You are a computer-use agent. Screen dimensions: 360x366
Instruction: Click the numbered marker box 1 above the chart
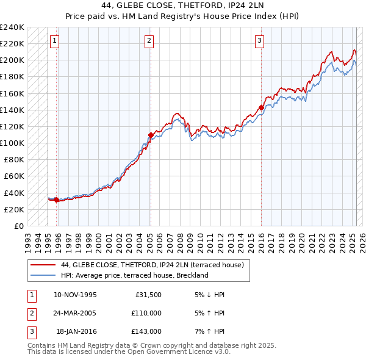coord(54,41)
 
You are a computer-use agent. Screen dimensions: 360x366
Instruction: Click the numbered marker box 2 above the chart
coord(149,41)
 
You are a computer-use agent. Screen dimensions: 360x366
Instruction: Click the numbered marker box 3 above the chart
coord(259,41)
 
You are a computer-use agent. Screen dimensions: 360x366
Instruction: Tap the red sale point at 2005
coord(151,134)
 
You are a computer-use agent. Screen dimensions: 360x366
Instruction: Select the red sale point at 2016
coord(261,107)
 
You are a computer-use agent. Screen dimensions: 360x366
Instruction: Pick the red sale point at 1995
coord(57,200)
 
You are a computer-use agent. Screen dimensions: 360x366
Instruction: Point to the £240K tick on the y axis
coord(12,27)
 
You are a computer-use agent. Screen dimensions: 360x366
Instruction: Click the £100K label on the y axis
coord(12,143)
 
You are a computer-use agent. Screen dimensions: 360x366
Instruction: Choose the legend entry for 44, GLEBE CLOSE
coord(152,265)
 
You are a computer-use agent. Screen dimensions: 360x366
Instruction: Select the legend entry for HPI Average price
coord(134,275)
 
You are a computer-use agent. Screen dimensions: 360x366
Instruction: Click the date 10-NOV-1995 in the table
coord(75,295)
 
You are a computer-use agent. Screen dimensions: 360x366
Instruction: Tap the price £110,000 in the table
coord(146,313)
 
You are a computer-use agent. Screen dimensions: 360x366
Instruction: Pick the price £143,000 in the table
coord(146,331)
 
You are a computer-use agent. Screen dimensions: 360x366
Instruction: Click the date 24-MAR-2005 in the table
coord(75,313)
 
